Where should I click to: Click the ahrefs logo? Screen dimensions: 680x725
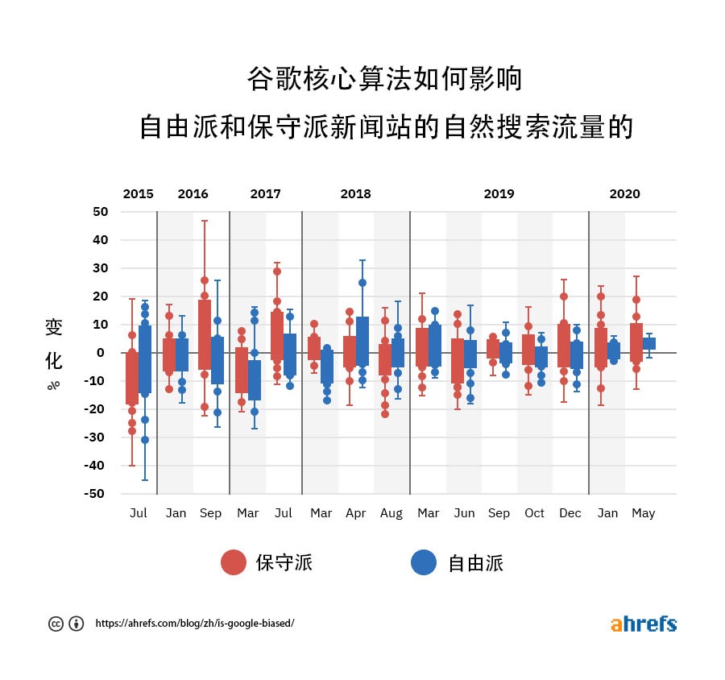click(643, 624)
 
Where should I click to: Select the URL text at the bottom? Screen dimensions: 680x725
click(195, 624)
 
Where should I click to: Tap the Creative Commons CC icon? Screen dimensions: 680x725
click(56, 624)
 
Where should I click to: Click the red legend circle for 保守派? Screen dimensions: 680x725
click(234, 562)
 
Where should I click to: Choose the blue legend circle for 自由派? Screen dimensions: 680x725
click(424, 562)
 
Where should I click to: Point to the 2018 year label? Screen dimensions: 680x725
click(355, 194)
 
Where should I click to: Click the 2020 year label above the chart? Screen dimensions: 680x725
click(624, 194)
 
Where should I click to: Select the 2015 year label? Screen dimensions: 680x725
click(138, 194)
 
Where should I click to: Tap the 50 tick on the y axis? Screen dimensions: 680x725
click(101, 212)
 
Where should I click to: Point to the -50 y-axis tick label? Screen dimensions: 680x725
click(97, 494)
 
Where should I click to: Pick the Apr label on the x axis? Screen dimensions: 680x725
click(355, 513)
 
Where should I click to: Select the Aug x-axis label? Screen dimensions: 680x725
click(391, 513)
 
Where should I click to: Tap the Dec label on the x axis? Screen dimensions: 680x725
click(570, 513)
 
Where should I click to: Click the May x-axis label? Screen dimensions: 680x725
click(643, 513)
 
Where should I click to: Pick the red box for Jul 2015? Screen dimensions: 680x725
click(132, 377)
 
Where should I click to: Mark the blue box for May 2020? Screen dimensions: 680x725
click(649, 343)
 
